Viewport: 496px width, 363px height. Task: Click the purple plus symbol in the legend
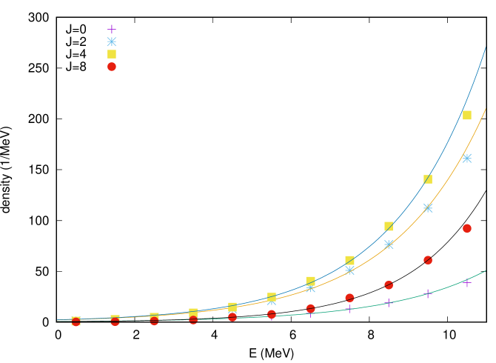112,29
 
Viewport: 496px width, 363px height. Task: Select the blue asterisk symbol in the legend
112,41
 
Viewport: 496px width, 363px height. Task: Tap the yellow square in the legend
112,54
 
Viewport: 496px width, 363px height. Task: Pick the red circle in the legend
112,67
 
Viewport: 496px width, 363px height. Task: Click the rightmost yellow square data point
467,115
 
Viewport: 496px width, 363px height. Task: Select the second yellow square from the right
428,179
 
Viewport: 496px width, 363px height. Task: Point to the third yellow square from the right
389,226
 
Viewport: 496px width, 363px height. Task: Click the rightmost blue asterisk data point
467,158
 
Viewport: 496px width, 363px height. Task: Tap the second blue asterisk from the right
428,208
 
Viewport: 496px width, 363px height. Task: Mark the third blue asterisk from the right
389,244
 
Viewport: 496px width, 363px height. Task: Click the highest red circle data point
467,228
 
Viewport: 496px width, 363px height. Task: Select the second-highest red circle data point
428,260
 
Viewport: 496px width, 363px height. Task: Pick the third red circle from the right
389,285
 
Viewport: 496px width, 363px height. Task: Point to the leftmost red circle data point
76,322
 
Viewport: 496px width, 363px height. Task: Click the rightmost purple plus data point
467,282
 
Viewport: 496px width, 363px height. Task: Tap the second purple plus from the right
428,294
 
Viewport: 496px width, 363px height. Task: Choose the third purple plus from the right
389,303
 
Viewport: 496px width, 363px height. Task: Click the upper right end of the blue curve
486,48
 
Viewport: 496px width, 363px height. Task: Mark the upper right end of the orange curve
486,109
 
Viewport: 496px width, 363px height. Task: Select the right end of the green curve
486,270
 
